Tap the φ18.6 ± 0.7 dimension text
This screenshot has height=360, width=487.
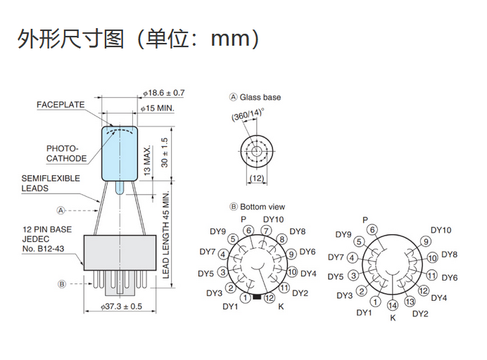tap(165, 93)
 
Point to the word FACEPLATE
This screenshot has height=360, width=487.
tap(61, 105)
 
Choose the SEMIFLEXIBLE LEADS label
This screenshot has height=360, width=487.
tap(51, 183)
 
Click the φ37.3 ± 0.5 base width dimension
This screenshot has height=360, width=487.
tap(122, 307)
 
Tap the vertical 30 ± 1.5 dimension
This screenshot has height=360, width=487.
tap(165, 153)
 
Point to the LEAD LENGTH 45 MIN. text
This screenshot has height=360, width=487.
tap(166, 234)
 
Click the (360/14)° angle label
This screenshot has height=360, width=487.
tap(247, 115)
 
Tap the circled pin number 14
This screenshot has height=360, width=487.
tap(393, 304)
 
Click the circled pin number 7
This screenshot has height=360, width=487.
tap(266, 231)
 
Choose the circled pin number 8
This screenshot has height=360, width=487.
tap(282, 239)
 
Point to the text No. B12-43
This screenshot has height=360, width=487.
tap(44, 248)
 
